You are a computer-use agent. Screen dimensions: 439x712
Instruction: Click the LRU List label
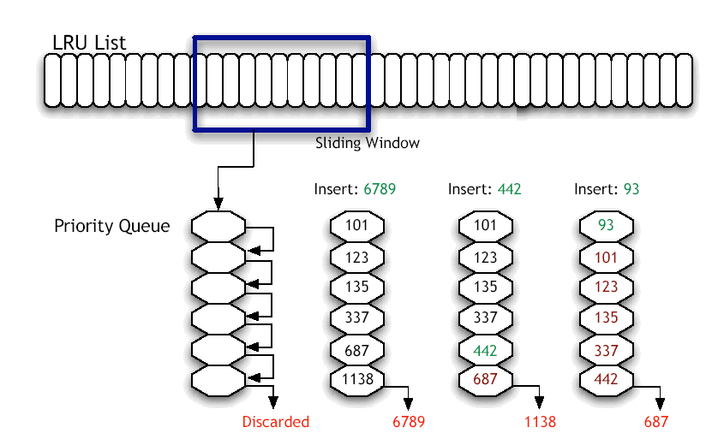[89, 42]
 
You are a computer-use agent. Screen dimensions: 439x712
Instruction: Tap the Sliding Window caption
[368, 143]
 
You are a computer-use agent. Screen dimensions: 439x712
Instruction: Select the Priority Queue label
[111, 227]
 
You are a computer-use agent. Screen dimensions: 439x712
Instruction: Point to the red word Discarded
[275, 421]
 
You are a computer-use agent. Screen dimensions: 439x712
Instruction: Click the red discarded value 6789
[409, 421]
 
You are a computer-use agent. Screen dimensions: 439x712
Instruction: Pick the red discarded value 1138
[540, 421]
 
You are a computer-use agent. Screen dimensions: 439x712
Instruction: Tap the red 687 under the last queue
[656, 421]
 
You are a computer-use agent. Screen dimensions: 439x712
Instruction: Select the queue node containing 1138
[357, 377]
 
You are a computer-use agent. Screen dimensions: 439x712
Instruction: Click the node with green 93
[607, 226]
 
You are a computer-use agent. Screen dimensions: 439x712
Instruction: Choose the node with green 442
[485, 348]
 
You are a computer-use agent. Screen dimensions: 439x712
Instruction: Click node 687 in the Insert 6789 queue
[357, 348]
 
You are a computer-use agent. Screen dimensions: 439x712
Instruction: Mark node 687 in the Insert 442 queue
[485, 377]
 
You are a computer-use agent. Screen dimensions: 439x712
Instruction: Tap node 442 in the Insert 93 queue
[607, 377]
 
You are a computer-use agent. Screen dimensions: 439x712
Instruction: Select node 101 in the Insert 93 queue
[607, 257]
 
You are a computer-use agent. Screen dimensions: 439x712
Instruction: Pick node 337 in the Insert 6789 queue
[357, 318]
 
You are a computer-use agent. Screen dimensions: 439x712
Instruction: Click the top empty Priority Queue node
[218, 227]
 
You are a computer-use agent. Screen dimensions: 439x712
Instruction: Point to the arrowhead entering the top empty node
[218, 205]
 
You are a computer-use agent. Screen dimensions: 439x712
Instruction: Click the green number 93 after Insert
[631, 189]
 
